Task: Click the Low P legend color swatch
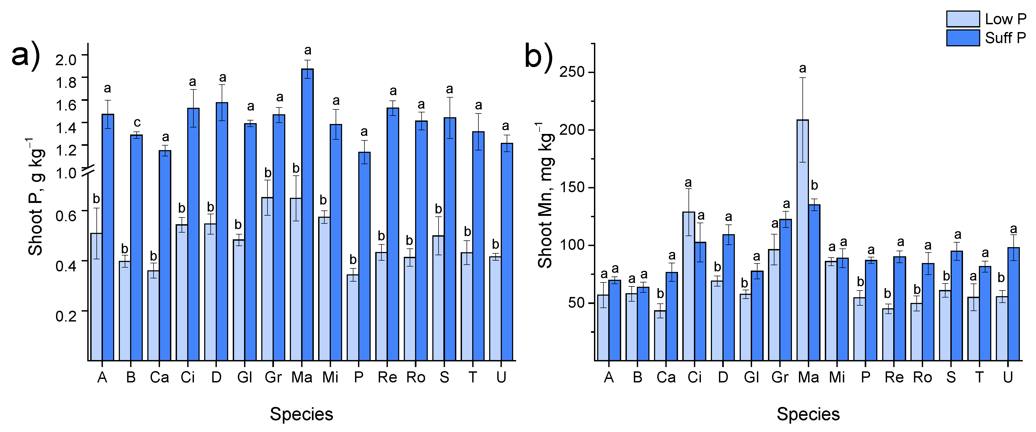963,19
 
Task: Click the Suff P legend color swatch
963,38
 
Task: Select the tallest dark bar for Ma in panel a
307,213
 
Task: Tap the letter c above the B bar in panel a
137,122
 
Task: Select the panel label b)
538,57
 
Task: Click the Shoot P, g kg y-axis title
35,197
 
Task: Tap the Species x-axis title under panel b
808,414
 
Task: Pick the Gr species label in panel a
273,377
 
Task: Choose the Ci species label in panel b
694,377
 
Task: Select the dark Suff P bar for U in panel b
1013,304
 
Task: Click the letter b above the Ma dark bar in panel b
814,185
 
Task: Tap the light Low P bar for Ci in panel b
688,286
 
